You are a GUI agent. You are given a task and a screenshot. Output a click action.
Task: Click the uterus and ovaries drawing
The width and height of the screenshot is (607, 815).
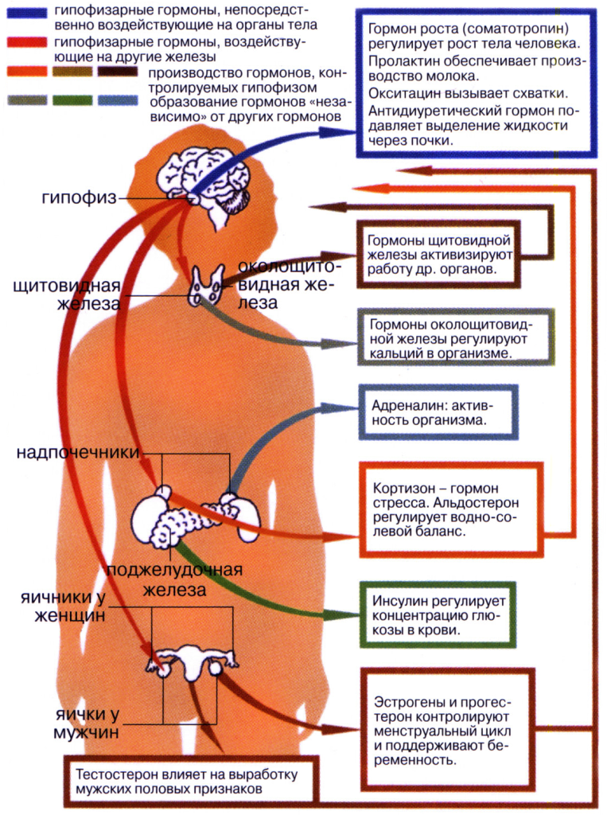tap(192, 661)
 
